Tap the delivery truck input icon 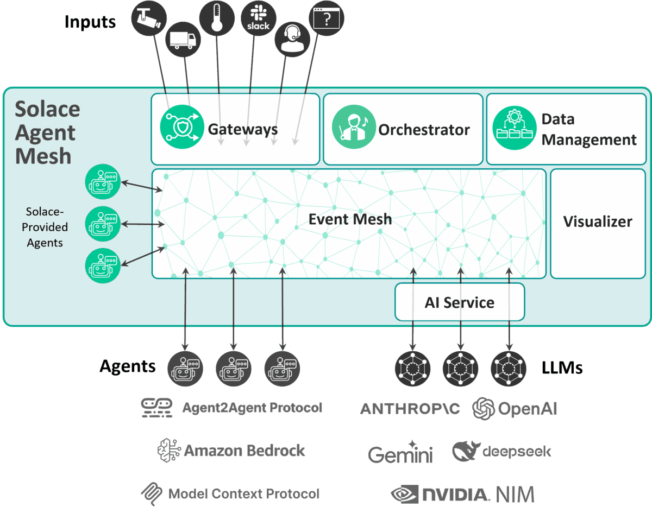(182, 40)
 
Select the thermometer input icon (216, 18)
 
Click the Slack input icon (258, 18)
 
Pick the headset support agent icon (292, 40)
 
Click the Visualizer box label (598, 221)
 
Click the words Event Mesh (350, 219)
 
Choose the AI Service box (459, 302)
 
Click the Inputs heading (90, 22)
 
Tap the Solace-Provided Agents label (45, 227)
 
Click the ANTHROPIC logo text (410, 409)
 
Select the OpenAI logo (515, 409)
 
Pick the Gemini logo (400, 453)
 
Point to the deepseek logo (501, 451)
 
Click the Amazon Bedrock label (231, 451)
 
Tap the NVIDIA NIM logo (462, 494)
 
